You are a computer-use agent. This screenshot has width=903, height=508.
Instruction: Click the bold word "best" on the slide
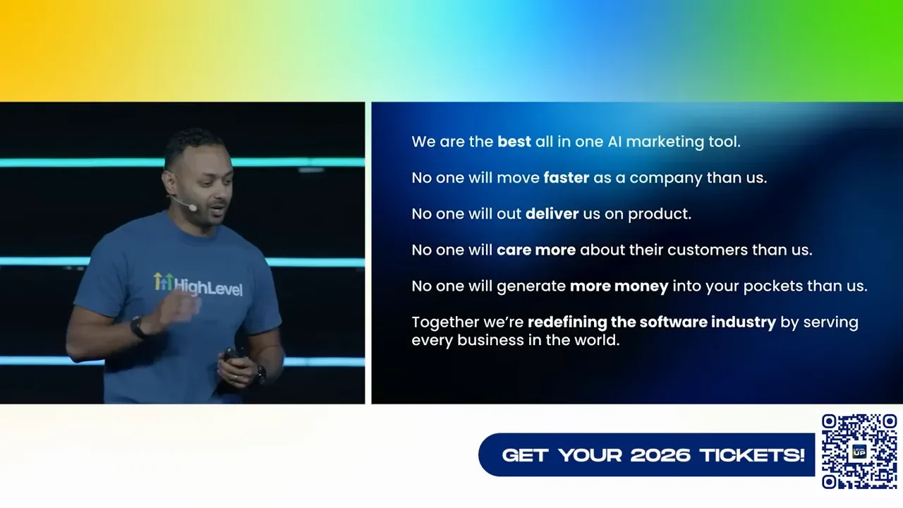[x=514, y=141]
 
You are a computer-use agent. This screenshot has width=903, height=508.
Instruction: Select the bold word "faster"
[x=566, y=178]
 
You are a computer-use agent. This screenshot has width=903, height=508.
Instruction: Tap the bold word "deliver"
[x=552, y=214]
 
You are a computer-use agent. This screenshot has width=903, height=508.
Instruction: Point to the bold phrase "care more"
[x=536, y=250]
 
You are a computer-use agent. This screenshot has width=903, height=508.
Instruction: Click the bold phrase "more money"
[x=619, y=286]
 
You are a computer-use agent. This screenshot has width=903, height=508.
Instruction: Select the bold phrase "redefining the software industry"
[x=651, y=322]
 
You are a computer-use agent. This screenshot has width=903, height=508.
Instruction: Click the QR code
[x=859, y=452]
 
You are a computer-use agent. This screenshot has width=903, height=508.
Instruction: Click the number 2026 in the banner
[x=660, y=455]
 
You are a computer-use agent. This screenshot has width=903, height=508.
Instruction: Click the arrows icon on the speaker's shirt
[x=162, y=282]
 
